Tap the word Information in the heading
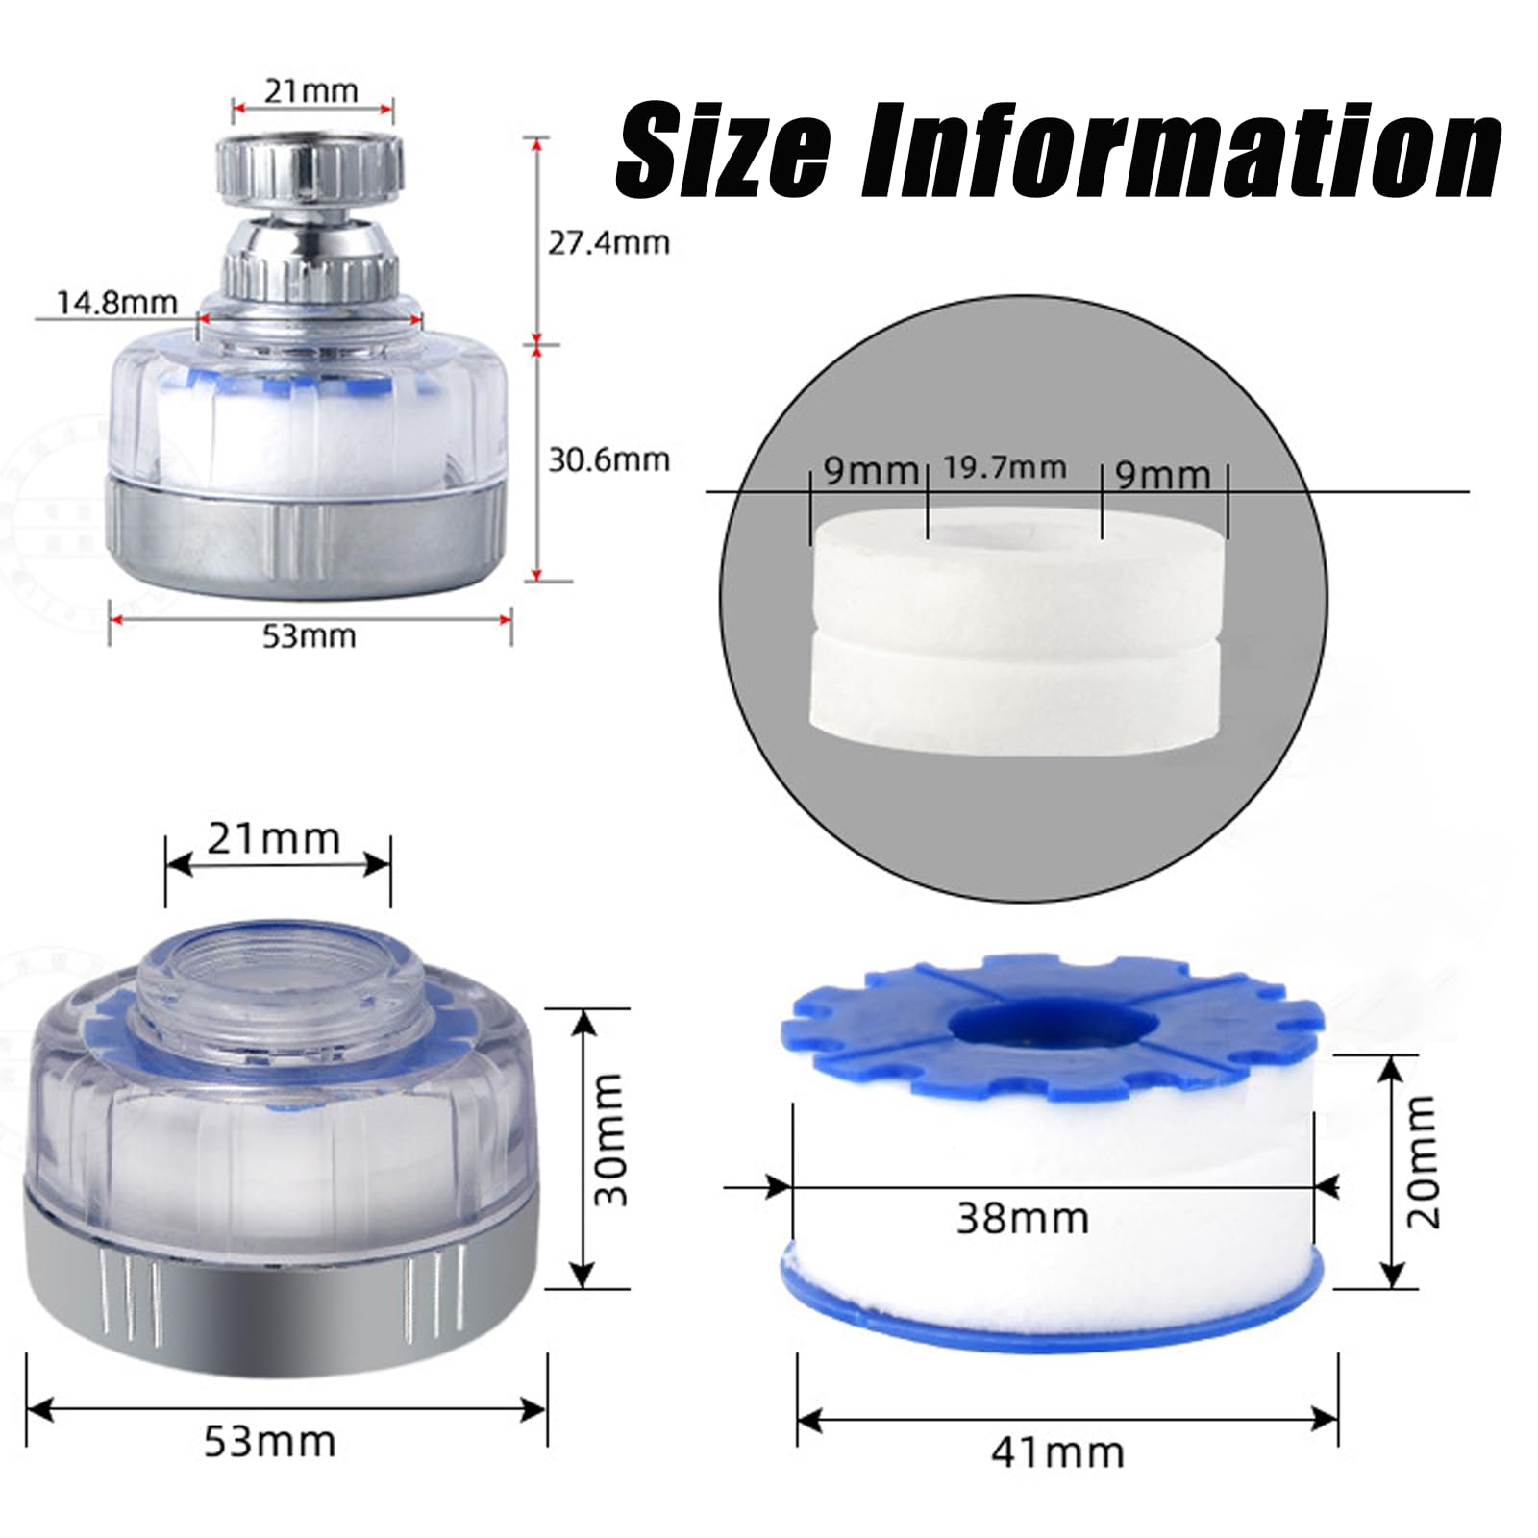1180,151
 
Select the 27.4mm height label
608,243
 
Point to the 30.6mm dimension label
608,460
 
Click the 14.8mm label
117,303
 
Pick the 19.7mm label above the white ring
1004,468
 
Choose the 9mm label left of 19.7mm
871,471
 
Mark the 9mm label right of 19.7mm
1162,474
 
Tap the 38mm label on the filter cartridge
1023,1218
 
